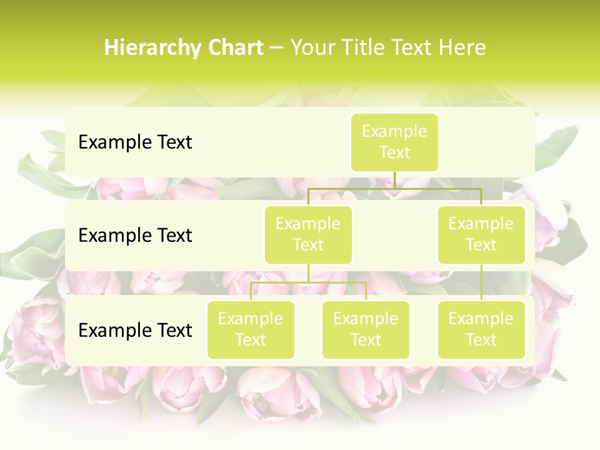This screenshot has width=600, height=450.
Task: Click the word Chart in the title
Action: click(x=234, y=48)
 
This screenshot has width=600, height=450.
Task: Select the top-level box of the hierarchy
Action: click(x=394, y=142)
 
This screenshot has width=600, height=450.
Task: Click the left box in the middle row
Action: click(x=308, y=235)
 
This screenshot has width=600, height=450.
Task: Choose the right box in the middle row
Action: click(x=481, y=235)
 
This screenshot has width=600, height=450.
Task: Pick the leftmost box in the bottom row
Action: click(x=251, y=329)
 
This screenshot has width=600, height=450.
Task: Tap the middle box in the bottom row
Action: click(x=366, y=329)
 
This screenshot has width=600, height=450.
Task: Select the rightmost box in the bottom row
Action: click(x=481, y=329)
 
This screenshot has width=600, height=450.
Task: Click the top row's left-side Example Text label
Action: click(x=135, y=142)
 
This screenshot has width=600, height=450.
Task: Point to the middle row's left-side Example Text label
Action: click(x=135, y=236)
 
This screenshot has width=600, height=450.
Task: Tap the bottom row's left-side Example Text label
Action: click(x=135, y=330)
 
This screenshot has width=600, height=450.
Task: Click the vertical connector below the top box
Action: click(x=394, y=180)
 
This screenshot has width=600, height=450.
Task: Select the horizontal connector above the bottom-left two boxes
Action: click(x=308, y=282)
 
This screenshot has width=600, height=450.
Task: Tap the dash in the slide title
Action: click(x=277, y=48)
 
